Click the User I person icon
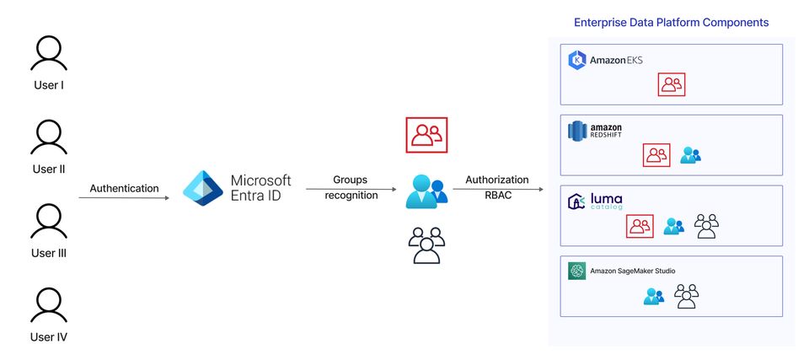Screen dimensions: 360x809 [48, 56]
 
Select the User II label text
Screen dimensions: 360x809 [49, 169]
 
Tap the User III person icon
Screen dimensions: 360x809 [48, 222]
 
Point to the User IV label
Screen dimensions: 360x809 [49, 337]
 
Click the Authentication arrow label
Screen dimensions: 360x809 [124, 188]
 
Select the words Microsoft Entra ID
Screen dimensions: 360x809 [260, 189]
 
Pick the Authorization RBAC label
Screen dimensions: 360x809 [497, 187]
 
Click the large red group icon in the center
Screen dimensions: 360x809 [426, 135]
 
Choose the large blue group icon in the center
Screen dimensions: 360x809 [426, 191]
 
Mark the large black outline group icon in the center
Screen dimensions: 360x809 [426, 245]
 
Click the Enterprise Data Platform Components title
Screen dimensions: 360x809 [671, 23]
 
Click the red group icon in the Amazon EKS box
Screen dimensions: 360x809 [672, 84]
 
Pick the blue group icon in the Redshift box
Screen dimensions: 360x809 [691, 155]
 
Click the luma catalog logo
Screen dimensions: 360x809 [596, 201]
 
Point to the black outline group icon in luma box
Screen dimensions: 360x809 [706, 225]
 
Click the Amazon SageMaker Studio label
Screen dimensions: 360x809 [622, 271]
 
